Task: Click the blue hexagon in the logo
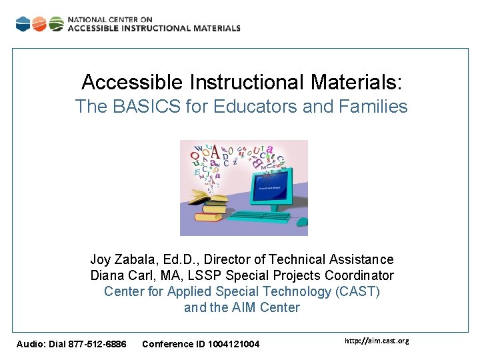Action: pos(23,24)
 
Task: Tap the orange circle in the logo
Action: pos(39,24)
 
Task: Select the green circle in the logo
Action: pos(56,24)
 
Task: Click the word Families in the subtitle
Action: pos(375,107)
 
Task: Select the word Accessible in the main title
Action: pos(131,83)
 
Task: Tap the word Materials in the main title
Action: pos(357,83)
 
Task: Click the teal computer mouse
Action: pos(302,221)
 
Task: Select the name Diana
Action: pos(107,275)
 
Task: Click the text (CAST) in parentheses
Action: pos(357,291)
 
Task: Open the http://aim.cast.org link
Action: pos(377,341)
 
